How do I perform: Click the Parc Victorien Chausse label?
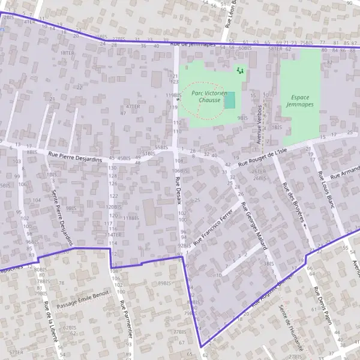click(x=209, y=97)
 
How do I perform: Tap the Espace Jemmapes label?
click(x=300, y=101)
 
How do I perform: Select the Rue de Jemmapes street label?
click(x=193, y=44)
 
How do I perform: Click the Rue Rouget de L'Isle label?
click(x=267, y=158)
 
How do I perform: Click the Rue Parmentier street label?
click(x=124, y=320)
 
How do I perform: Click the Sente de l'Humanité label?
click(x=290, y=328)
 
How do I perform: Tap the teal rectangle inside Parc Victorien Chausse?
click(x=230, y=100)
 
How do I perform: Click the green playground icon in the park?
click(x=241, y=71)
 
